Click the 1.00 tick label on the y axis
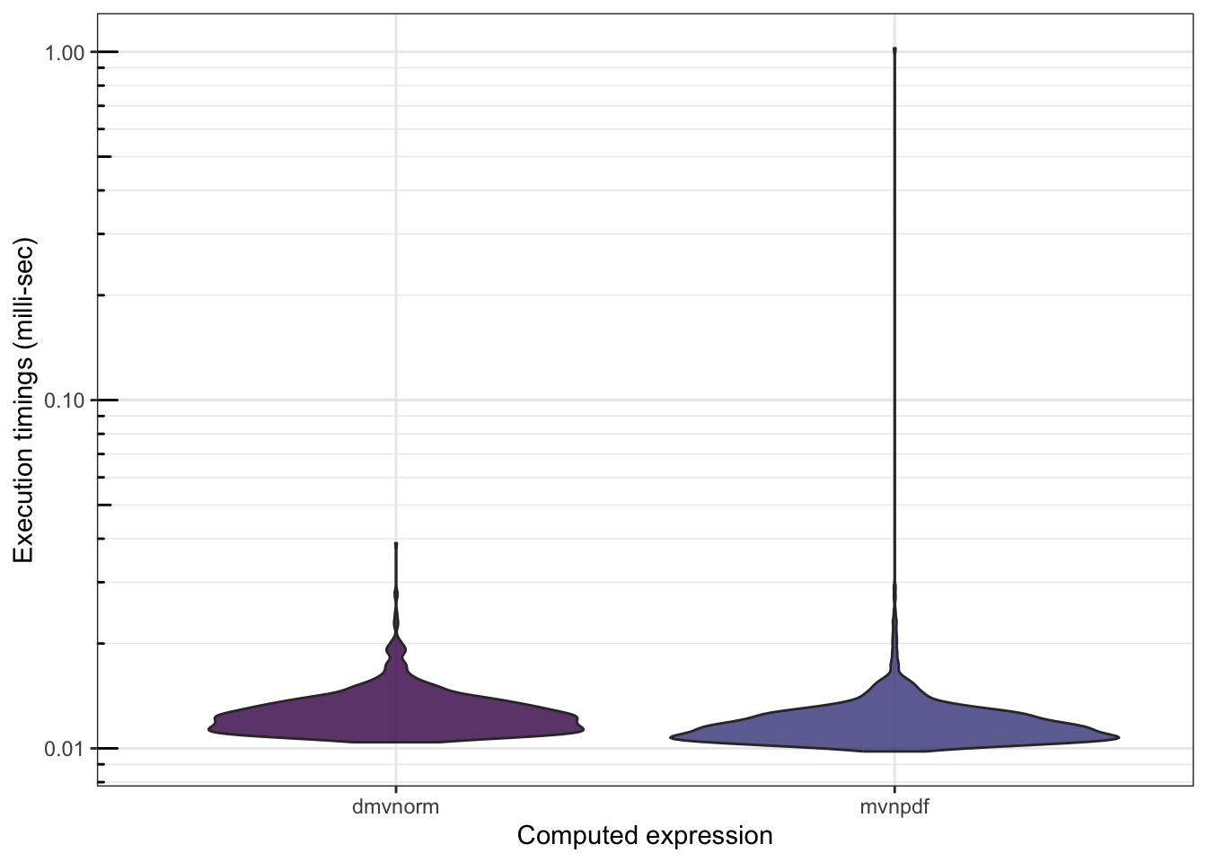65,53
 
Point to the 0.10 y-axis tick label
65,400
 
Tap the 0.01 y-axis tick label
65,749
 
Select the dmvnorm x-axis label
396,806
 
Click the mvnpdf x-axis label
894,806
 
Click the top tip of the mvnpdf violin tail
894,49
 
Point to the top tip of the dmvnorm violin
396,544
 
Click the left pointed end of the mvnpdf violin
672,737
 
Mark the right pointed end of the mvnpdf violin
1118,737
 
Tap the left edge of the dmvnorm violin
209,729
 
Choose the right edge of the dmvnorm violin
584,729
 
